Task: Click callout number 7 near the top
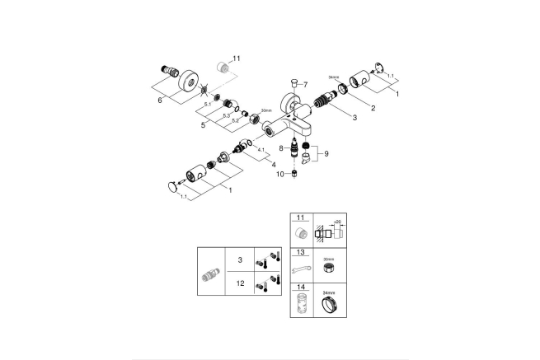tap(303, 85)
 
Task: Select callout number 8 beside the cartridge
tap(281, 149)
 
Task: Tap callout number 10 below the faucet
tap(280, 174)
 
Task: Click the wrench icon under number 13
tap(301, 269)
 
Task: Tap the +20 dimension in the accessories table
tap(337, 222)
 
